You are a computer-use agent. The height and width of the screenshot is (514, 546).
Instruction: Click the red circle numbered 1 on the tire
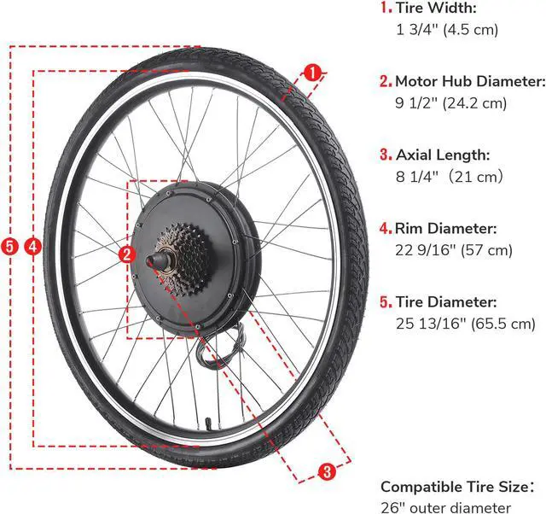point(314,74)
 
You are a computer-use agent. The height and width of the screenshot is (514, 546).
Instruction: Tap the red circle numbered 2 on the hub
point(126,254)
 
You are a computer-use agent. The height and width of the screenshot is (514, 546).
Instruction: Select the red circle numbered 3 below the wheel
point(327,470)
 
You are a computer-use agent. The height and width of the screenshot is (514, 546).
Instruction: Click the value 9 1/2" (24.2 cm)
point(450,103)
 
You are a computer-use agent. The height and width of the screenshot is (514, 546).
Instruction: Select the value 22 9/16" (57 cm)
point(452,250)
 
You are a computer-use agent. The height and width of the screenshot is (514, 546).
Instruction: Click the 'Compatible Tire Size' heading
point(456,487)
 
